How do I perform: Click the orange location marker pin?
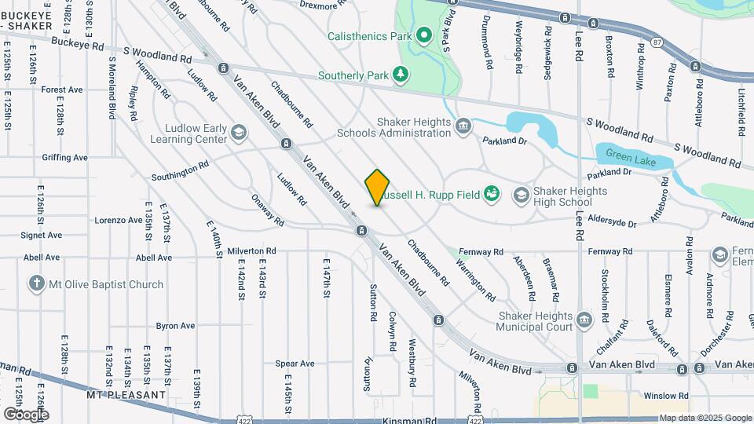click(x=377, y=188)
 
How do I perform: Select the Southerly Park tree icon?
click(x=401, y=75)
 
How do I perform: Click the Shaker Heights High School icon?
click(x=521, y=195)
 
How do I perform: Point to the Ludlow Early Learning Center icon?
click(x=238, y=133)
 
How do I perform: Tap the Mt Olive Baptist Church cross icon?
click(x=35, y=284)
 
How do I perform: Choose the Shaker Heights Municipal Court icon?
click(x=584, y=320)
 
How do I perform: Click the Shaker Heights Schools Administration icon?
click(x=463, y=126)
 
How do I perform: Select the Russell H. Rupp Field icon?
click(x=492, y=193)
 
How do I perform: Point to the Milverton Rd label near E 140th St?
click(x=252, y=251)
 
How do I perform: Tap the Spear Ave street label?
click(x=295, y=364)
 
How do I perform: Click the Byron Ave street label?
click(x=175, y=325)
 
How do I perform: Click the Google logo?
click(x=26, y=414)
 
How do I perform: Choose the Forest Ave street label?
click(x=62, y=90)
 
